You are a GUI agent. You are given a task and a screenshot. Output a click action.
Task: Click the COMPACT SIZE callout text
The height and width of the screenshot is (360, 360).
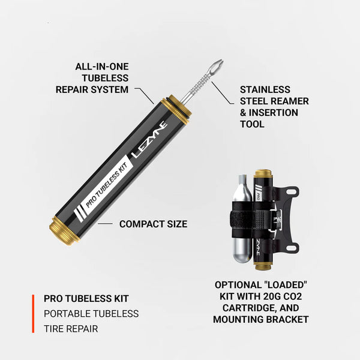point(153,224)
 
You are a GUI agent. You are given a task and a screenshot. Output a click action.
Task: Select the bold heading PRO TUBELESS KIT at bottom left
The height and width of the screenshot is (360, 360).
point(86,298)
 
